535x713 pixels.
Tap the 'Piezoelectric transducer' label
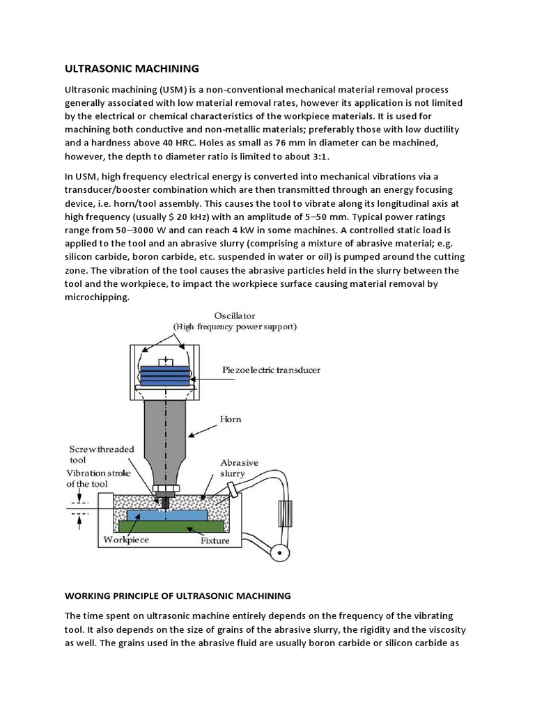[272, 370]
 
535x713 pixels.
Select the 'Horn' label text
[230, 419]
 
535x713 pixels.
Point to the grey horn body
[165, 432]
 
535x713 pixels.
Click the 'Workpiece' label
[125, 540]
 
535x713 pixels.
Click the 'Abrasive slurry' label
[239, 467]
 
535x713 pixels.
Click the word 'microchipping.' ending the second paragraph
[98, 297]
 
